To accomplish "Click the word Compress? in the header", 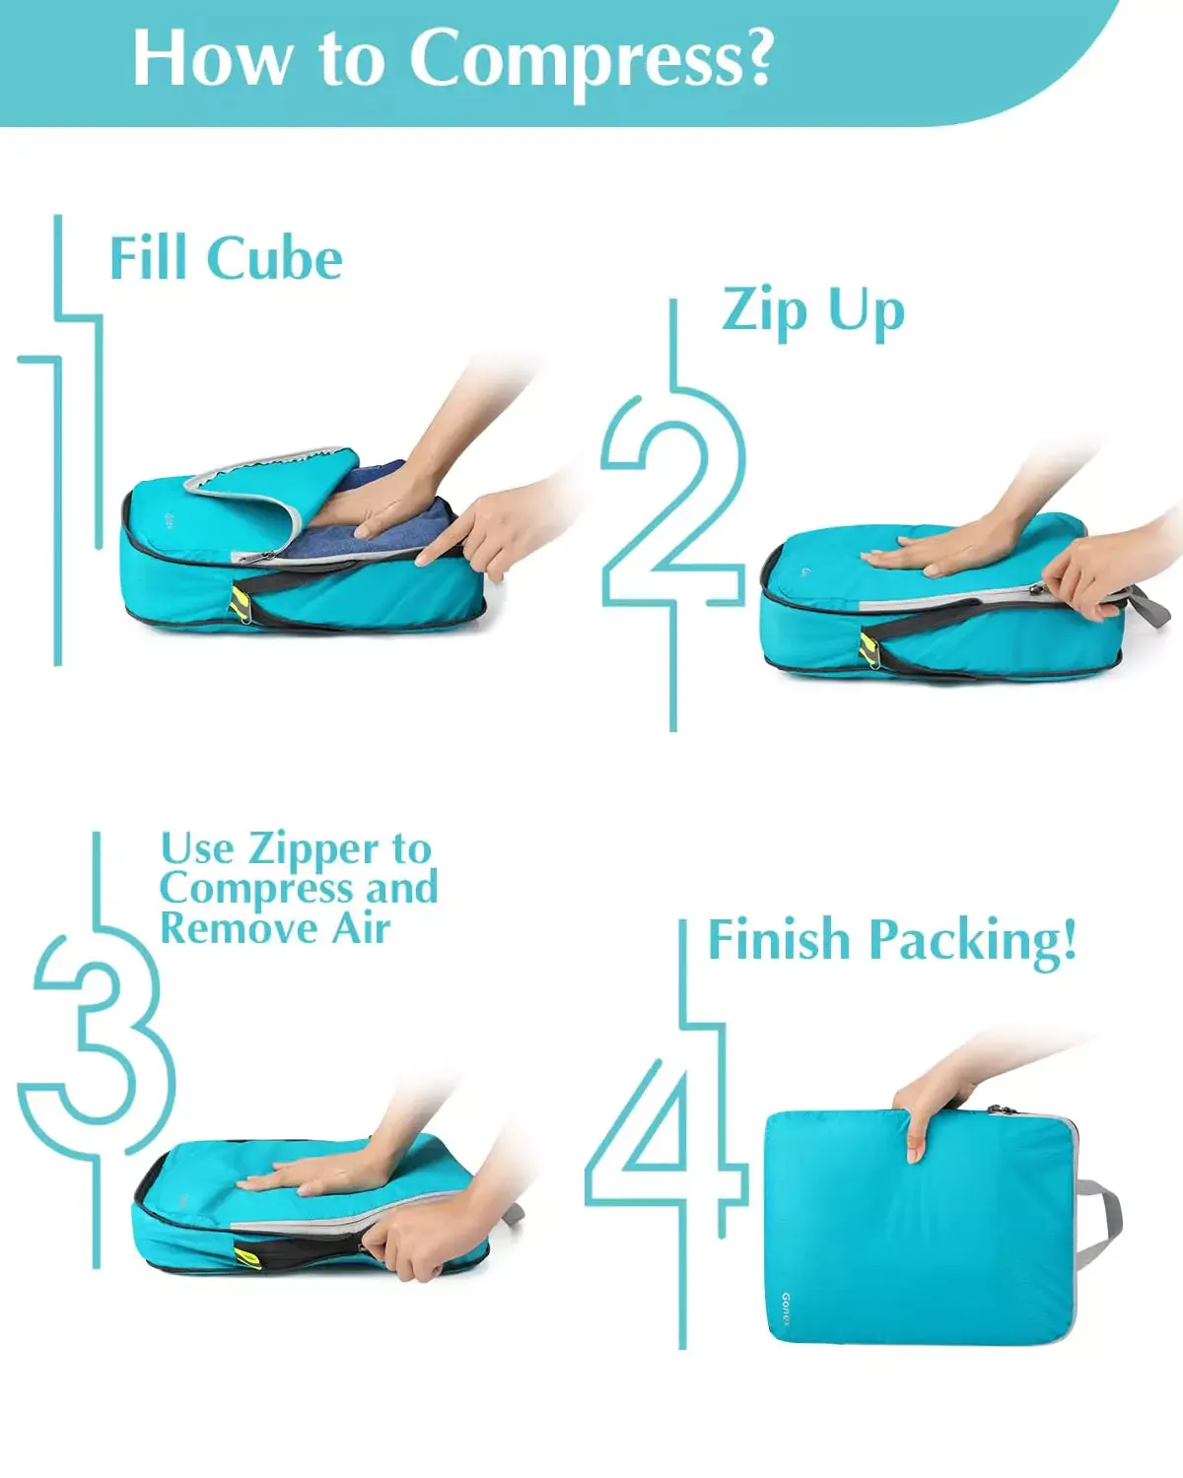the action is pyautogui.click(x=591, y=60).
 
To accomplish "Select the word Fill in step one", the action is pyautogui.click(x=148, y=257).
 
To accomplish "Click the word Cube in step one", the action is pyautogui.click(x=274, y=259).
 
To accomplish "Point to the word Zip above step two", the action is pyautogui.click(x=765, y=313).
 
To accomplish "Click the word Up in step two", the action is pyautogui.click(x=867, y=313).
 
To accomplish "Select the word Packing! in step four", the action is pyautogui.click(x=973, y=941).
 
